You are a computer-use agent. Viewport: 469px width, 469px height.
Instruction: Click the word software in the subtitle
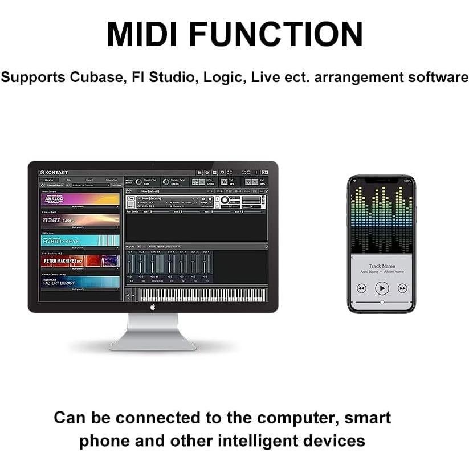(437, 77)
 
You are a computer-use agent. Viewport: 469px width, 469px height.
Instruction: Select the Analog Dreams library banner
(80, 199)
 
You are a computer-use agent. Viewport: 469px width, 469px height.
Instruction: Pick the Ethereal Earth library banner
(80, 220)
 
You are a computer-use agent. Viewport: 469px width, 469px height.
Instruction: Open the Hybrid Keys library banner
(80, 240)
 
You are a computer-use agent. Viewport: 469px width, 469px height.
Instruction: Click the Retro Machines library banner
(80, 261)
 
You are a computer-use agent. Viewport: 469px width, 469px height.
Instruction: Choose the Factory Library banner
(80, 282)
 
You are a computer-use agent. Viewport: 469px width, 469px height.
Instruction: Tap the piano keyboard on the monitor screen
(202, 295)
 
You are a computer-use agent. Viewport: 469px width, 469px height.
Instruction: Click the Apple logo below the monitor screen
(153, 307)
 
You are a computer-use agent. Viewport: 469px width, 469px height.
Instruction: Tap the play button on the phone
(382, 288)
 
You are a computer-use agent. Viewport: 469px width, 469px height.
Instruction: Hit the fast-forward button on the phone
(402, 288)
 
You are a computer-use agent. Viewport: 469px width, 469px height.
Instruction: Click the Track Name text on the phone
(382, 266)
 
